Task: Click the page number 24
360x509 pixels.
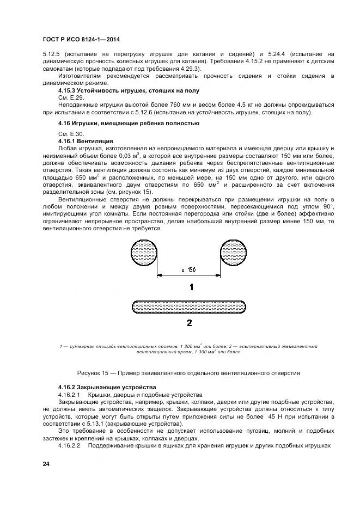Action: click(x=46, y=464)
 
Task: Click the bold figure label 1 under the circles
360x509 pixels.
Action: click(x=190, y=287)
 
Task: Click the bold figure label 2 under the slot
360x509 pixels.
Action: click(x=189, y=323)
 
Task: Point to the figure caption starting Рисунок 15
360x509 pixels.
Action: click(x=188, y=373)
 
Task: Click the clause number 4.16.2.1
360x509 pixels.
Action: click(x=69, y=394)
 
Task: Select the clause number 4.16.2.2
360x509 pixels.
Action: click(x=69, y=445)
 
